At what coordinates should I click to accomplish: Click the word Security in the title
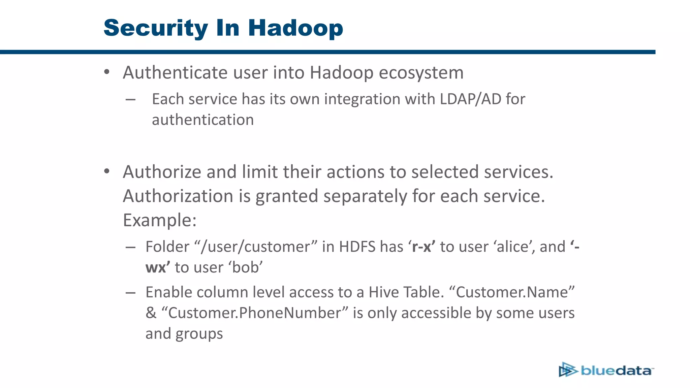(x=156, y=28)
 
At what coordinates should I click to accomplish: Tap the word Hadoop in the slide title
(x=295, y=28)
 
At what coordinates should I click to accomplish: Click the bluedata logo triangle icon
(x=568, y=370)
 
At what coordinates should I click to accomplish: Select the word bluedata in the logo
(x=616, y=371)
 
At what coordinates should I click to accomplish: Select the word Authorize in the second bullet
(x=162, y=172)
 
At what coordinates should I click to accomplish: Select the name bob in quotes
(x=246, y=268)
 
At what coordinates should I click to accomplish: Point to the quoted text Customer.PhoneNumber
(x=255, y=313)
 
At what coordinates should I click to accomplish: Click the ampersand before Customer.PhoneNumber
(x=151, y=313)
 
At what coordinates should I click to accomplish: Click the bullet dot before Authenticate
(x=107, y=72)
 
